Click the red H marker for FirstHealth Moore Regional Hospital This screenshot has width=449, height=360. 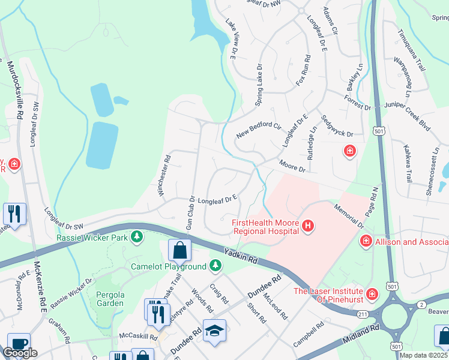pyautogui.click(x=308, y=226)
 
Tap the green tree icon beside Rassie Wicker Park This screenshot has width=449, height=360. pyautogui.click(x=137, y=237)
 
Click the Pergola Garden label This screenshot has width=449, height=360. pyautogui.click(x=110, y=299)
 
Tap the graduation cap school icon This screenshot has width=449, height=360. pyautogui.click(x=214, y=331)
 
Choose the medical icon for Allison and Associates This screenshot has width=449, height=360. pyautogui.click(x=365, y=241)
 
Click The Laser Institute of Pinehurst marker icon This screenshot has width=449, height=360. pyautogui.click(x=372, y=294)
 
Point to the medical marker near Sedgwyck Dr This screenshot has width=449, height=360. pyautogui.click(x=349, y=151)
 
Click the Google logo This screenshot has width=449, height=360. pyautogui.click(x=20, y=353)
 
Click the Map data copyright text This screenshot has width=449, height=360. pyautogui.click(x=424, y=355)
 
